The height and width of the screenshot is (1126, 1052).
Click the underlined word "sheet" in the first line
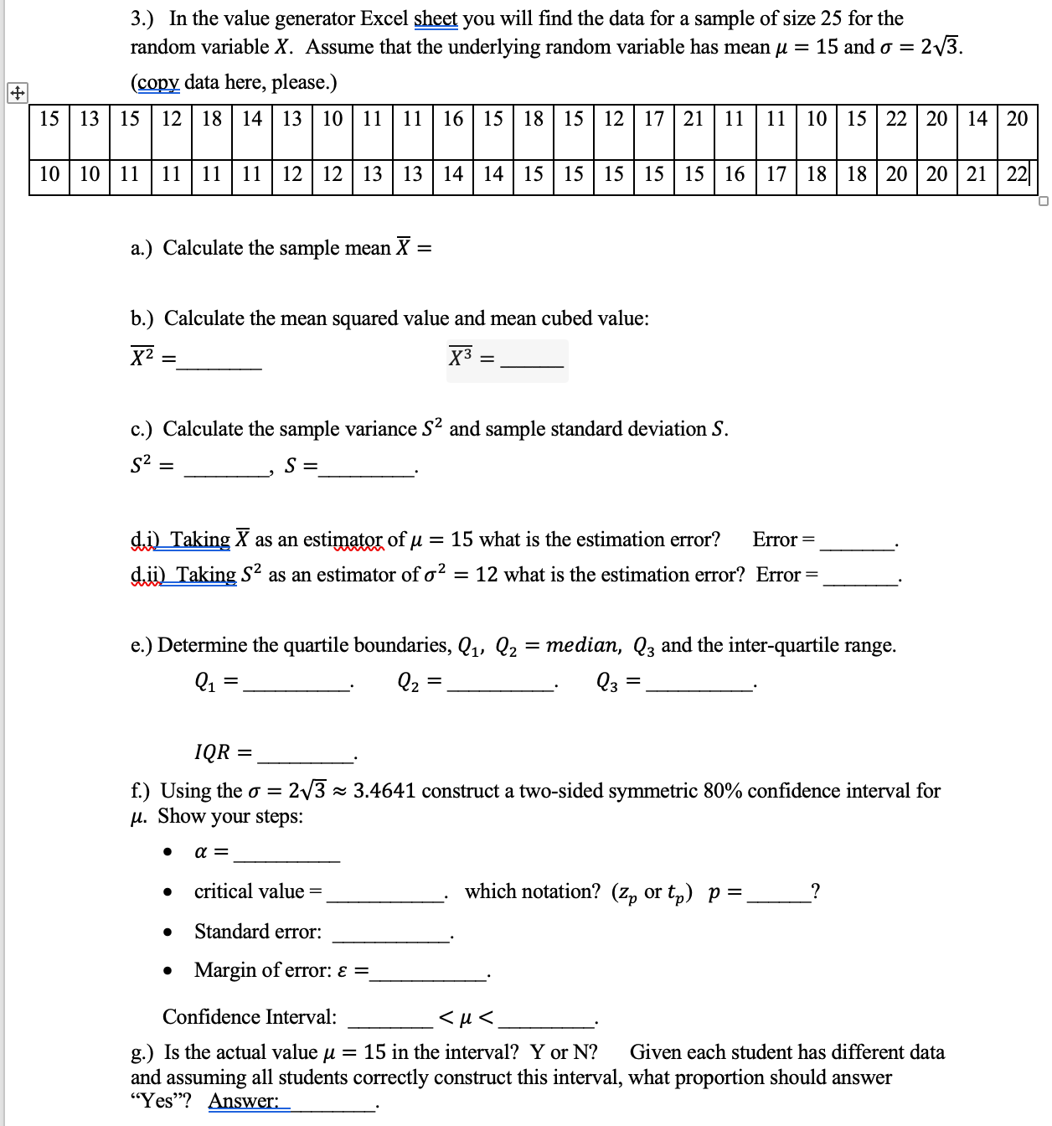[436, 18]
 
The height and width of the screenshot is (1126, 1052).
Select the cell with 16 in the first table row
[453, 119]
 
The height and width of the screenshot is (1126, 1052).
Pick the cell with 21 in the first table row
[694, 119]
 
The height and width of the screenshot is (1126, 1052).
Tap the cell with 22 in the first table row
[896, 119]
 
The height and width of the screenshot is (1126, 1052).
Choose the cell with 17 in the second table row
[776, 174]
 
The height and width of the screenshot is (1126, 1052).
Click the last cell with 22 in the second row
[1017, 174]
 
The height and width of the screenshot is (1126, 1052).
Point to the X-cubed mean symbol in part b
[461, 358]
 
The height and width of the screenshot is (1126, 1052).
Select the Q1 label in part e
[205, 683]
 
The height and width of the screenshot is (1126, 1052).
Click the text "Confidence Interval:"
[250, 1017]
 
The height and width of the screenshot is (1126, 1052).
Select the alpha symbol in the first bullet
[201, 853]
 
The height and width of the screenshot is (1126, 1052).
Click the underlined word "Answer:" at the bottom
[244, 1101]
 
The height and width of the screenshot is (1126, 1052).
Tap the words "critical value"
[249, 891]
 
